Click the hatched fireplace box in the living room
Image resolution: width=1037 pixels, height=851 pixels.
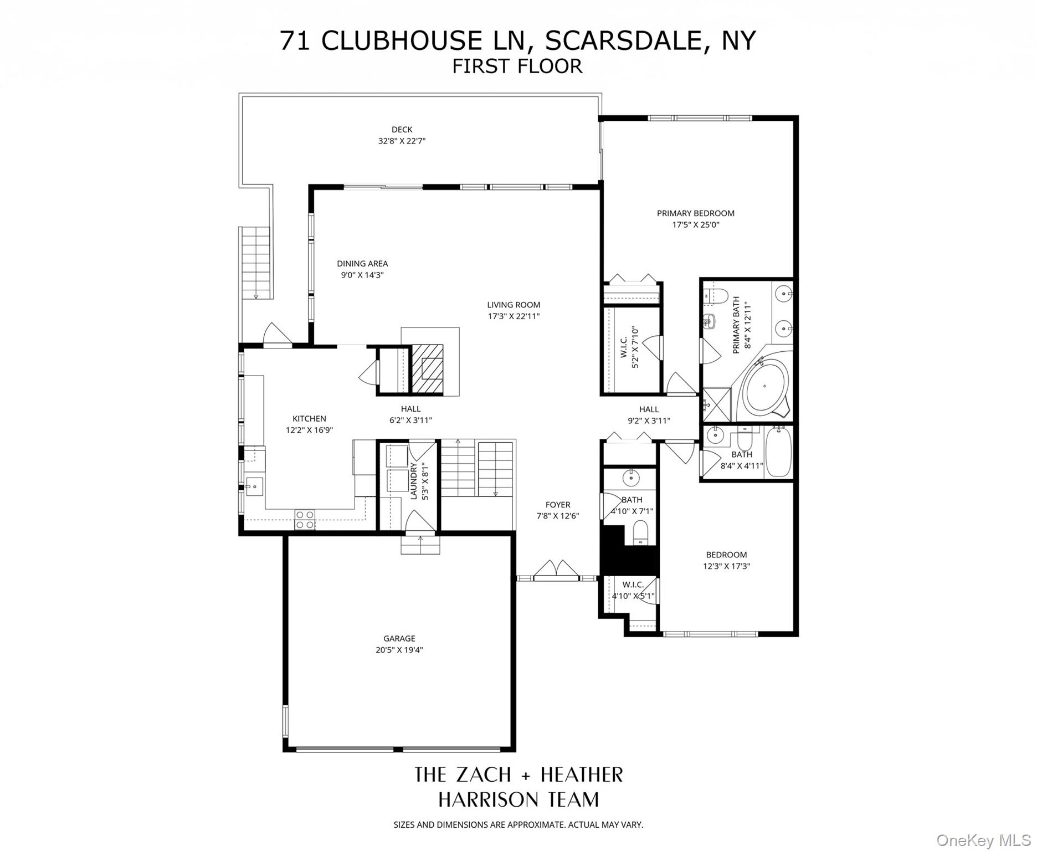point(427,368)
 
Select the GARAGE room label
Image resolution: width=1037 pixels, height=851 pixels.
point(399,638)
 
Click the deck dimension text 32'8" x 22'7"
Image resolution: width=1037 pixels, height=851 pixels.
point(402,141)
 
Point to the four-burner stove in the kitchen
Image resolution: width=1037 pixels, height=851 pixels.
point(305,520)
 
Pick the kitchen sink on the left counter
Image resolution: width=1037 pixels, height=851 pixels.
point(254,486)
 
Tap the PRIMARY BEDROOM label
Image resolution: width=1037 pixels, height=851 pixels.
point(695,213)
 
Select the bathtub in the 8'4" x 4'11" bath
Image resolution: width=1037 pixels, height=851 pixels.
point(778,452)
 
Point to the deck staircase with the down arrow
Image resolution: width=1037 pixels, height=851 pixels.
point(256,263)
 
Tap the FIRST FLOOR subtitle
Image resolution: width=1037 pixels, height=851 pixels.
point(517,66)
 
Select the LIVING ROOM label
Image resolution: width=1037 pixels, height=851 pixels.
point(514,305)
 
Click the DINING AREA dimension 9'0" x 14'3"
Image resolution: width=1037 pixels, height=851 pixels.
point(362,275)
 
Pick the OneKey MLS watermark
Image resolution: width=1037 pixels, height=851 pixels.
point(983,840)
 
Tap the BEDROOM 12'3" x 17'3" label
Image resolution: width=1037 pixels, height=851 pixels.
point(726,560)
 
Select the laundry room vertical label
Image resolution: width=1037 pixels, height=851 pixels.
point(419,481)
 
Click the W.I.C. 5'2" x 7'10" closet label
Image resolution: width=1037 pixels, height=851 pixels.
point(629,348)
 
